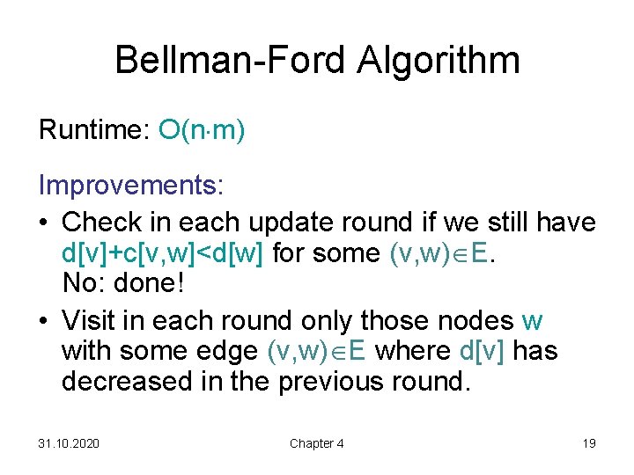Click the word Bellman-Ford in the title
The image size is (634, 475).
(231, 61)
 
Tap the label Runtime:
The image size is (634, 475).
(93, 131)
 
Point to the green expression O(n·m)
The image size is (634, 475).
(202, 131)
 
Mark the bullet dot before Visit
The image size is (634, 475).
(45, 321)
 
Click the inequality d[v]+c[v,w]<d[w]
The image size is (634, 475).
(164, 254)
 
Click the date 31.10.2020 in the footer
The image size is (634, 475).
(69, 443)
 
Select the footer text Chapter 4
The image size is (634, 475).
(317, 443)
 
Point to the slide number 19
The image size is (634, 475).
(589, 443)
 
